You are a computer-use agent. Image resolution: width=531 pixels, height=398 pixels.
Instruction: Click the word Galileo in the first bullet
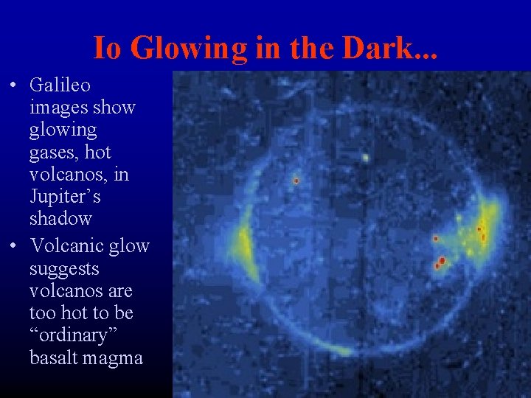tap(60, 85)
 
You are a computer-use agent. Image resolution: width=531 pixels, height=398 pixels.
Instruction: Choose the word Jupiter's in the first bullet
tap(65, 197)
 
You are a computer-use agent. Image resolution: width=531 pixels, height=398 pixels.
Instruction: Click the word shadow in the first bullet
tap(60, 219)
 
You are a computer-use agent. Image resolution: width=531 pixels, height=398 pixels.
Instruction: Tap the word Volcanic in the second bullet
tap(62, 246)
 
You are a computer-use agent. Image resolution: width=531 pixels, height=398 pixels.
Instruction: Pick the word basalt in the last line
tap(54, 357)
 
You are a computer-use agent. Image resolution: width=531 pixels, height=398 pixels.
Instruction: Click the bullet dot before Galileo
tap(14, 86)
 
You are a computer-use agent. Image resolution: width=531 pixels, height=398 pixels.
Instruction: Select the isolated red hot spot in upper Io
tap(296, 180)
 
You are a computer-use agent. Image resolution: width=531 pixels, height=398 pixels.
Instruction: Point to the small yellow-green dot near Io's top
tap(364, 157)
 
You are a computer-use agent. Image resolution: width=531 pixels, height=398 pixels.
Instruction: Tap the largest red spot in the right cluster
tap(442, 260)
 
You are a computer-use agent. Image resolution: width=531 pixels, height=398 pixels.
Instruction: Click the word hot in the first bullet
tap(98, 153)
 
